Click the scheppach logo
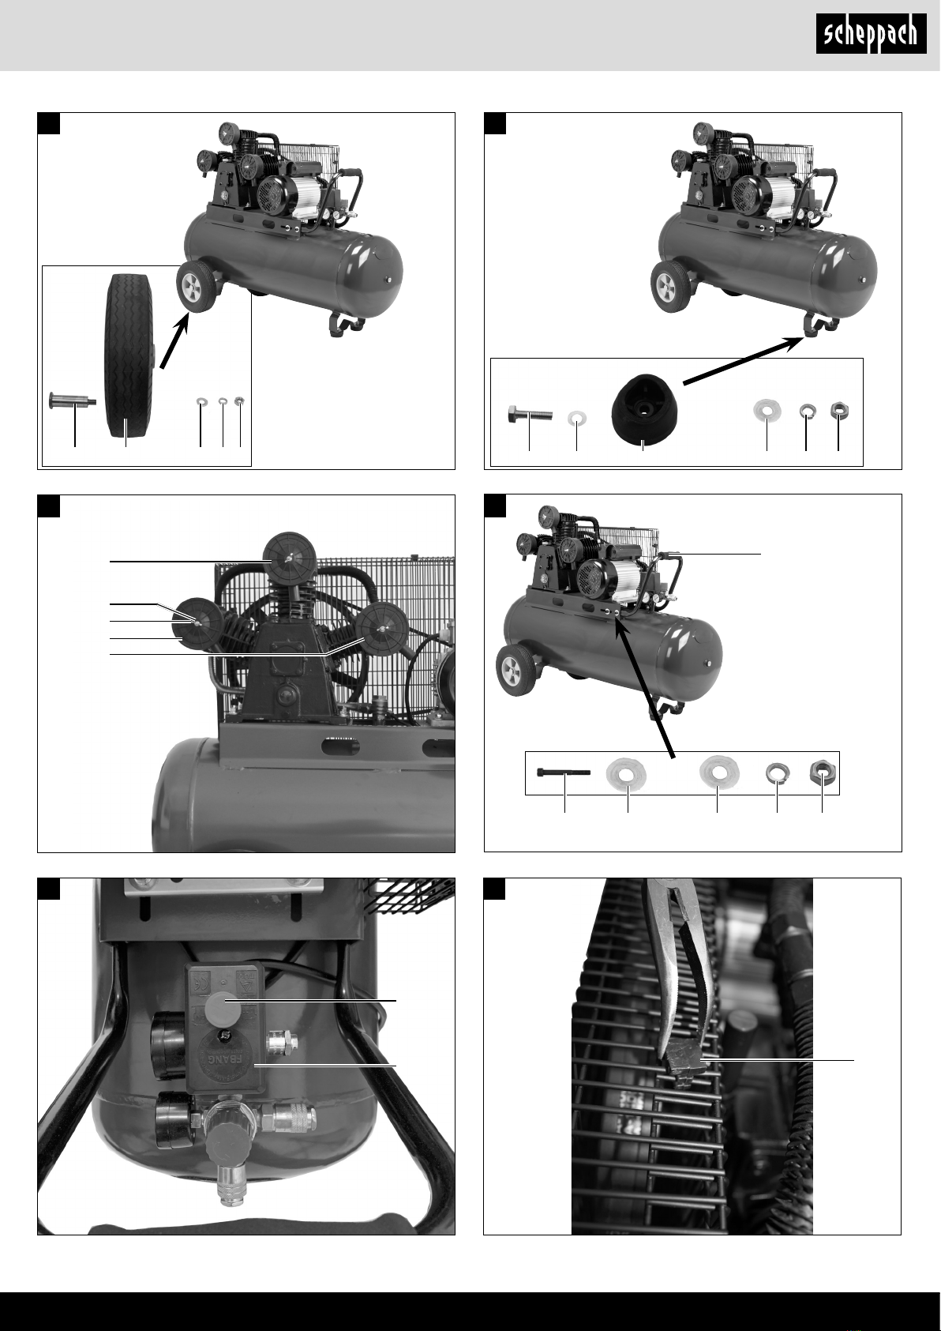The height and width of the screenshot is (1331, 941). (x=872, y=36)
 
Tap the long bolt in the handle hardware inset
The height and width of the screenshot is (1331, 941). (x=563, y=773)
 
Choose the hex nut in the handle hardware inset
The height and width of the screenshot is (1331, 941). (x=821, y=773)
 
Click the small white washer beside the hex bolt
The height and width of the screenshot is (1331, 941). (x=577, y=417)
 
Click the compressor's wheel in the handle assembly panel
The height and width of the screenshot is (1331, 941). (x=516, y=670)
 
